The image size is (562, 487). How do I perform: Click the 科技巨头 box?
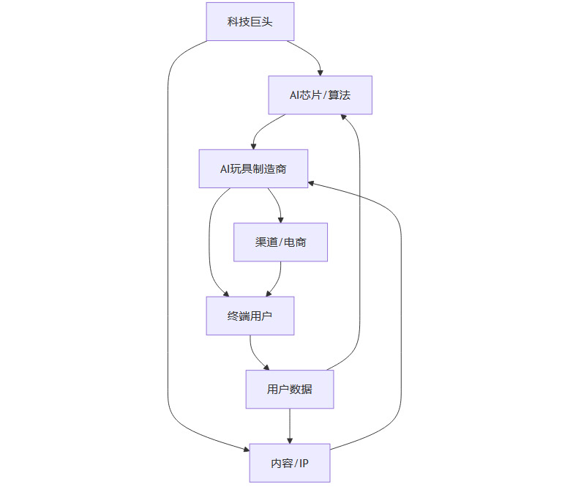click(250, 21)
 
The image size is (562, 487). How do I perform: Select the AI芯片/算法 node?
click(320, 94)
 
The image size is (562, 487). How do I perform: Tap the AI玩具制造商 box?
click(253, 168)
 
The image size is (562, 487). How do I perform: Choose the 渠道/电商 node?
click(280, 242)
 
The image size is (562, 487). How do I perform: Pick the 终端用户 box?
click(250, 316)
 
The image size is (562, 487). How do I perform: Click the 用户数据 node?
click(290, 389)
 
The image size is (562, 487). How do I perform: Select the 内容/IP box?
click(290, 463)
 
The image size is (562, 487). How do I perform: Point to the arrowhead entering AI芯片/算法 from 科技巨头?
click(320, 72)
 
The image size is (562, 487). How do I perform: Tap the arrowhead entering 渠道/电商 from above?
click(280, 219)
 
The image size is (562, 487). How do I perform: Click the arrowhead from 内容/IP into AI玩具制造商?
click(312, 183)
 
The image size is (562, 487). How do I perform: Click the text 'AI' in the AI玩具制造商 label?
click(225, 169)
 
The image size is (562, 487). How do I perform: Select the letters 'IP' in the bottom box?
click(302, 463)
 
